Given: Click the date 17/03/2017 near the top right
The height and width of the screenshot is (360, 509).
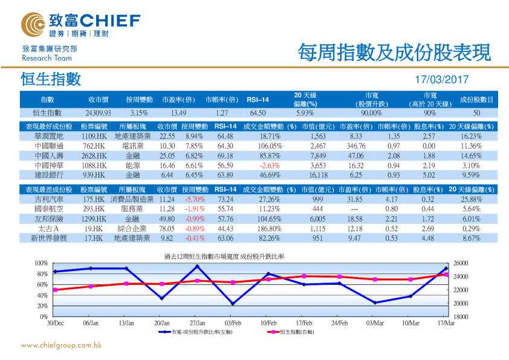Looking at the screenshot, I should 443,79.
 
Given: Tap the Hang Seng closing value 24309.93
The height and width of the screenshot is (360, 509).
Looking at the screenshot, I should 98,113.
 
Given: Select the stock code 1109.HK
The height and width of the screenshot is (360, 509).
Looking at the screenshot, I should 94,137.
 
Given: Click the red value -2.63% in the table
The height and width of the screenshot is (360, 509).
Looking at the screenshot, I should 270,165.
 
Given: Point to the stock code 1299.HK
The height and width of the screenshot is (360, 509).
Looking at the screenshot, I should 94,218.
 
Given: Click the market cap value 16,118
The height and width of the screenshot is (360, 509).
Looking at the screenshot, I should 318,174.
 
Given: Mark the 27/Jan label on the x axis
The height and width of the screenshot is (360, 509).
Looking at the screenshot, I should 197,324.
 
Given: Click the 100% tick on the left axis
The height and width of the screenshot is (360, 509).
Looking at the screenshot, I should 41,263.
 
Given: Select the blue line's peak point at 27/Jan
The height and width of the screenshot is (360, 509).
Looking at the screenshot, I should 197,266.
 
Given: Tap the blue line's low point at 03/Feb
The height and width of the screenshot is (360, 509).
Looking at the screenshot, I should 233,304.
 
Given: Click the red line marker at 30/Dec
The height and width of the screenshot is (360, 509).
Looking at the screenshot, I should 55,290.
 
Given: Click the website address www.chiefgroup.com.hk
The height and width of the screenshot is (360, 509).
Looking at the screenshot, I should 60,345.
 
